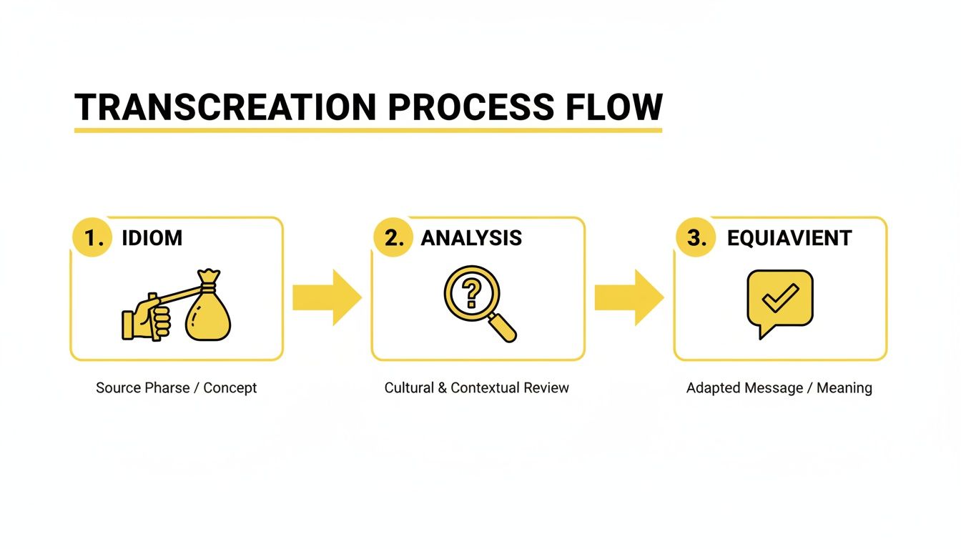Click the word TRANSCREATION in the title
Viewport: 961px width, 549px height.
pos(225,107)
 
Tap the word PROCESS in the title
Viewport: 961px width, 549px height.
pos(470,107)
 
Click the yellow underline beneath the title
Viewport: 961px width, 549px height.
pos(368,131)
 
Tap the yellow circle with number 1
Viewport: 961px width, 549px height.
pos(93,238)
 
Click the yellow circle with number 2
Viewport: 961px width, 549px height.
pos(394,238)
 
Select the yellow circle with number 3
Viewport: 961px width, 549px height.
pos(696,238)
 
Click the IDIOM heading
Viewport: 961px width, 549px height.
pos(152,238)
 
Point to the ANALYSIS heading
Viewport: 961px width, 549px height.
pos(471,238)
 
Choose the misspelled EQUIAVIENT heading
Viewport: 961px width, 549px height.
pos(789,238)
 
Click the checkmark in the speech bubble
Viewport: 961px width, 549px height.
pos(779,298)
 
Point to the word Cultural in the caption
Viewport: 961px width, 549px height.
pos(410,388)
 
